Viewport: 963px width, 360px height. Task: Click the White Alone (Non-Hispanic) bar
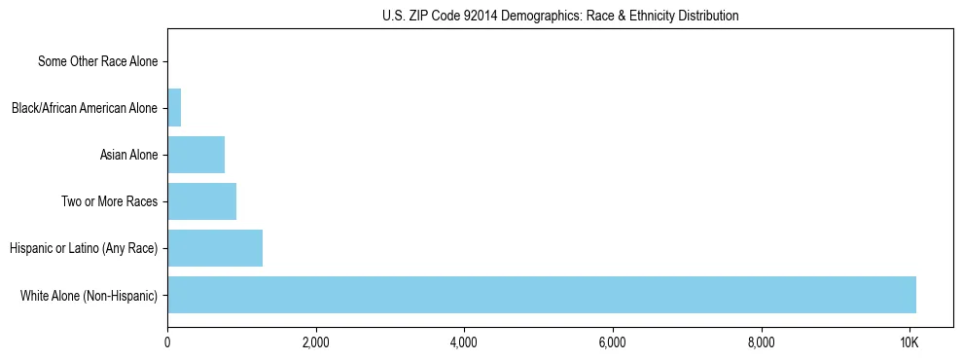point(542,295)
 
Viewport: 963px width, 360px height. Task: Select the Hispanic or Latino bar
point(215,248)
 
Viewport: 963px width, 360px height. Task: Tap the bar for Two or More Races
point(201,201)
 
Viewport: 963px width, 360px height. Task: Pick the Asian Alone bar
point(196,155)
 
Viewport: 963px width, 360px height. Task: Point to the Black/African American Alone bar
point(174,108)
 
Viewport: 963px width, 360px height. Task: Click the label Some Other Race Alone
point(97,62)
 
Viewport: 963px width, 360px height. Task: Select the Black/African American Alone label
point(85,108)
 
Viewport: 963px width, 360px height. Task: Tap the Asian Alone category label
point(128,155)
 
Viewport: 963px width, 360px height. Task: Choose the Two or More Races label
point(109,201)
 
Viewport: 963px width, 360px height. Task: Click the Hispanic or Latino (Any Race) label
point(84,248)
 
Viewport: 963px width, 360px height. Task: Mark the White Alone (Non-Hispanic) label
point(89,295)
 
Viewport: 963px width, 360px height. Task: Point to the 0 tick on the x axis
point(167,342)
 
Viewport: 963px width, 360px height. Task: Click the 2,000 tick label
point(315,342)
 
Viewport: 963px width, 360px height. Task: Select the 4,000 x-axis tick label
point(464,342)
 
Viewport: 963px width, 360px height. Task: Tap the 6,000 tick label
point(612,342)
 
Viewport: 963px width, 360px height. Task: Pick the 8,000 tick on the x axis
point(761,342)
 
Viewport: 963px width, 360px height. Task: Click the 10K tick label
point(909,342)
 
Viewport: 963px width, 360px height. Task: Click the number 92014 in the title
point(481,17)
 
